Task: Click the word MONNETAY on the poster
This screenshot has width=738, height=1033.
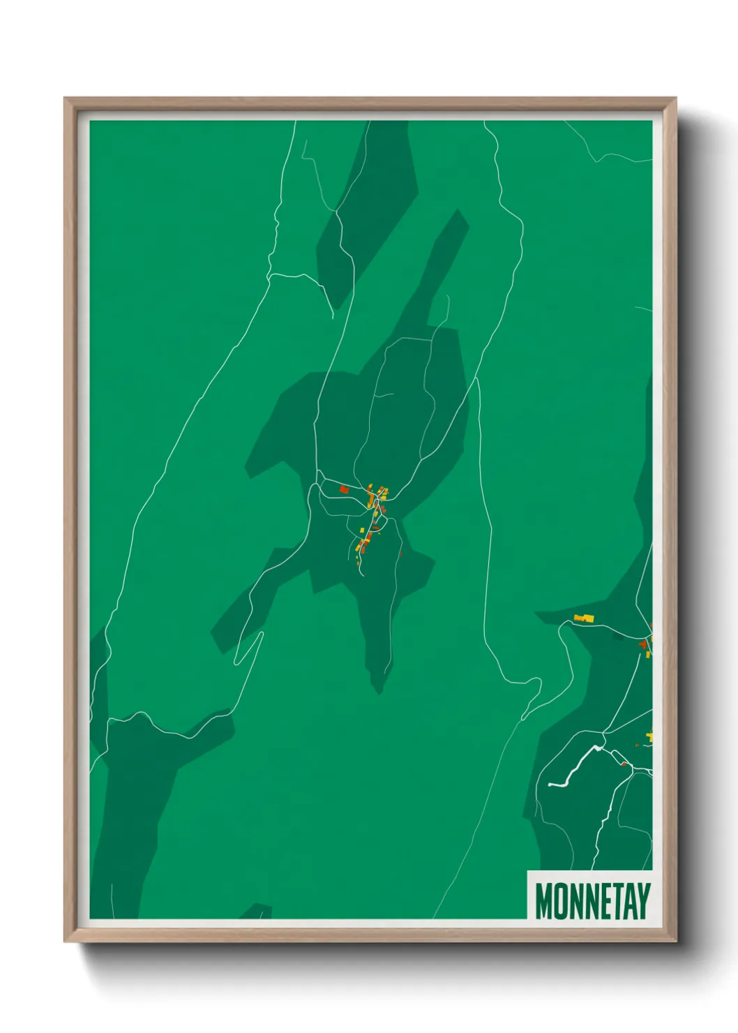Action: [592, 901]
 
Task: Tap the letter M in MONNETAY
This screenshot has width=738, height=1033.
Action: [543, 901]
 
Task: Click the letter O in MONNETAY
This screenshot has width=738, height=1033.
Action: [559, 901]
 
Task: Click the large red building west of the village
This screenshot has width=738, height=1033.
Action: [343, 490]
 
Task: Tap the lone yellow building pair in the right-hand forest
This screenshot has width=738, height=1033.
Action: [584, 618]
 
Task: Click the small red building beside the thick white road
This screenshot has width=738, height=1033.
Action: [624, 764]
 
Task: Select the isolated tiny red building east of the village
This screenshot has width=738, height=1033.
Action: [400, 554]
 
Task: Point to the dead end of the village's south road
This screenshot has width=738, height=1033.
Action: [362, 575]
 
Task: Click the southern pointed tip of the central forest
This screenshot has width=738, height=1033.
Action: [379, 691]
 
